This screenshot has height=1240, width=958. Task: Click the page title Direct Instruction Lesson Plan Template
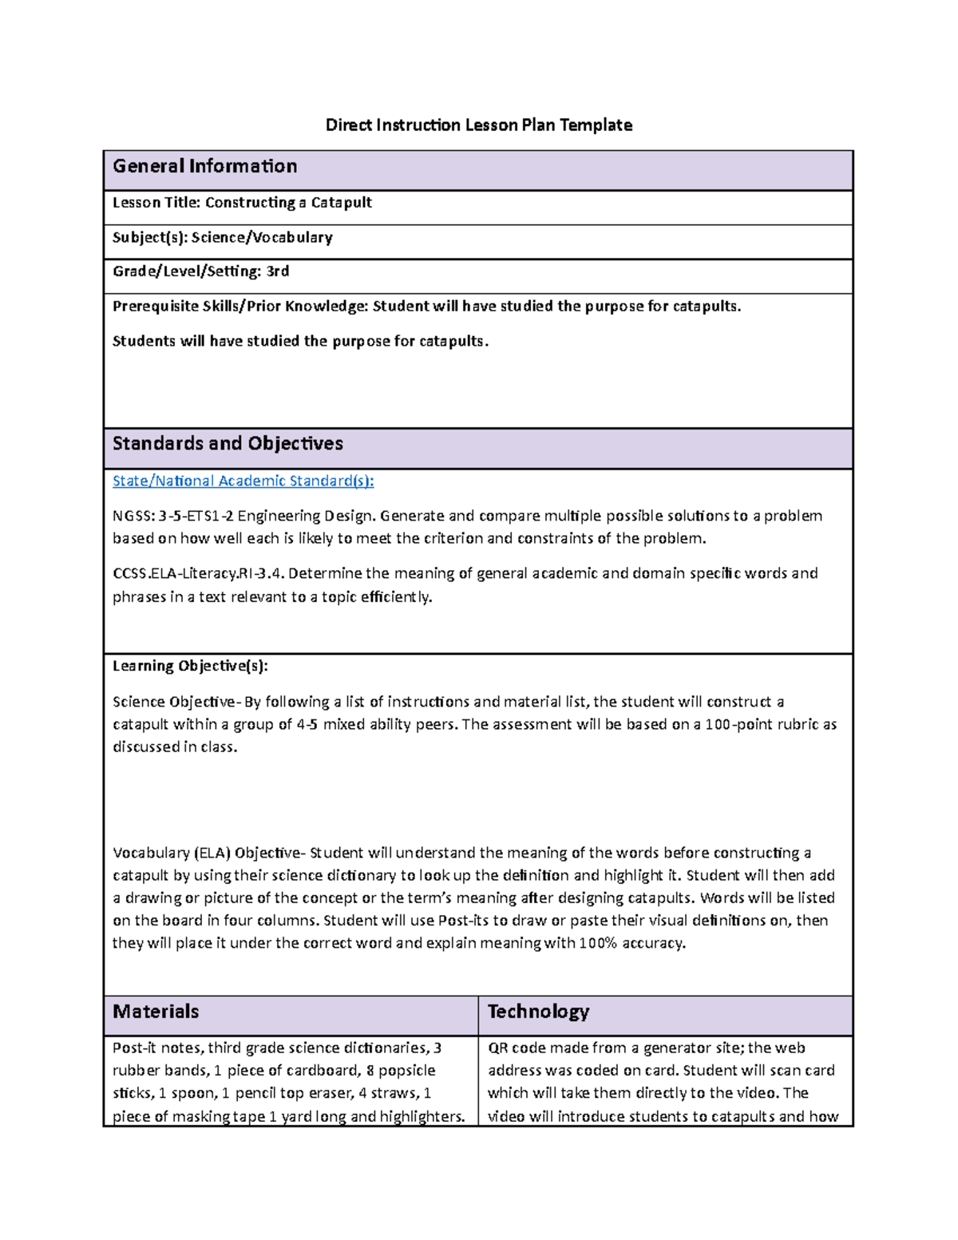coord(478,125)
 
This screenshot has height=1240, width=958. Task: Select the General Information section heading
coord(204,166)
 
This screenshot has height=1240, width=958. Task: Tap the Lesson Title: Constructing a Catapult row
coord(242,203)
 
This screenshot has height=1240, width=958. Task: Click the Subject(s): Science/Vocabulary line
coord(222,237)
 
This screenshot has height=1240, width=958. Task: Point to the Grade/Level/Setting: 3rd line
coord(200,271)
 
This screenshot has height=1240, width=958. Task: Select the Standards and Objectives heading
coord(228,444)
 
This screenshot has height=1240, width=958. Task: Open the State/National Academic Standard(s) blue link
coord(243,481)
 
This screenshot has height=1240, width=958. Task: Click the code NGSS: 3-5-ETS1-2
coord(172,516)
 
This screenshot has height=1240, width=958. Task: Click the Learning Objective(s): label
coord(190,666)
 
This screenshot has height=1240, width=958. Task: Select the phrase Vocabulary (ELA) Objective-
coord(209,853)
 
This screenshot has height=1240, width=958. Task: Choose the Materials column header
coord(156,1012)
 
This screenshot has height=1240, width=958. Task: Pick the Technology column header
coord(538,1012)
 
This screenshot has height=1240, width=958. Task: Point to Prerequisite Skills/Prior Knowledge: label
coord(240,307)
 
